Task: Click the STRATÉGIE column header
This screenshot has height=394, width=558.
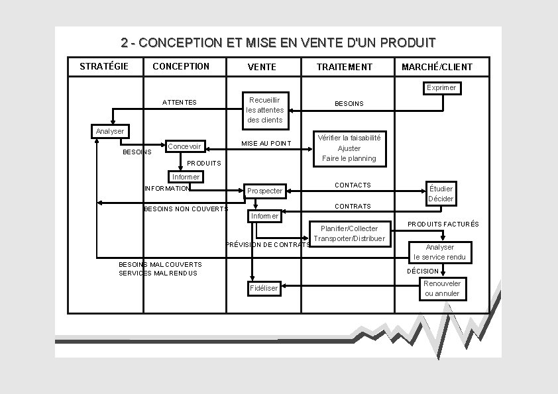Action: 104,66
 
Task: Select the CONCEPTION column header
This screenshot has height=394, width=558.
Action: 180,66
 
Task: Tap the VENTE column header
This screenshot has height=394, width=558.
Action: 262,67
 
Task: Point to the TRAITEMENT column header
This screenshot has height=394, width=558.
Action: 345,67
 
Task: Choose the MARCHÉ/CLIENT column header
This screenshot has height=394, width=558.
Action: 437,67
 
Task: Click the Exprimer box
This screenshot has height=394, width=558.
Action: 441,88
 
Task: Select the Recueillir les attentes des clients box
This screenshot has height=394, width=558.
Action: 265,110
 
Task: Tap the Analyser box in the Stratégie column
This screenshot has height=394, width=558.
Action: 109,131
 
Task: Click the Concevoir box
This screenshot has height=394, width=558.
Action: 185,146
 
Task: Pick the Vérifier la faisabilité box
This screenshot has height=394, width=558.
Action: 349,148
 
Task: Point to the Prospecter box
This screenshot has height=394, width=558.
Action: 264,191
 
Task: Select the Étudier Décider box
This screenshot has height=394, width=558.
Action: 441,193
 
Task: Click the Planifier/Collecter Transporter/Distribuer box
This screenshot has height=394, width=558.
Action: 349,233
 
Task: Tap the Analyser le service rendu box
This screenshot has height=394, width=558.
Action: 440,252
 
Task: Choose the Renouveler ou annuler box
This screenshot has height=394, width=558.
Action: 442,288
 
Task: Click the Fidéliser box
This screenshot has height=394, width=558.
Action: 264,288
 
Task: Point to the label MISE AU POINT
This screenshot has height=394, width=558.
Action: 266,143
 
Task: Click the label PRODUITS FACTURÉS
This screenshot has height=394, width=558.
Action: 443,224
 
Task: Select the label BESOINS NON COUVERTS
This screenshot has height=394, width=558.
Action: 186,209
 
